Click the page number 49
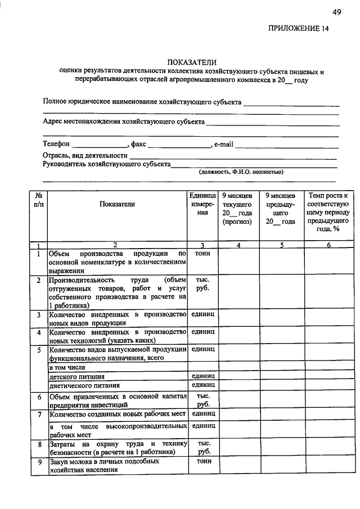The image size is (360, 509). click(336, 12)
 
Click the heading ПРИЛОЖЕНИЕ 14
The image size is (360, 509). click(298, 28)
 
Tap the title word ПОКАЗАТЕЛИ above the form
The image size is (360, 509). click(192, 62)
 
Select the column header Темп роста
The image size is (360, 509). click(328, 212)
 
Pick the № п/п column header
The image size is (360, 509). click(38, 200)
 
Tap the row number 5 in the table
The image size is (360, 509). click(39, 350)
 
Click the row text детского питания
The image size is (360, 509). click(76, 376)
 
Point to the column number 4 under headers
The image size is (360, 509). click(238, 245)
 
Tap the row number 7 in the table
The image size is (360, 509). click(39, 415)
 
